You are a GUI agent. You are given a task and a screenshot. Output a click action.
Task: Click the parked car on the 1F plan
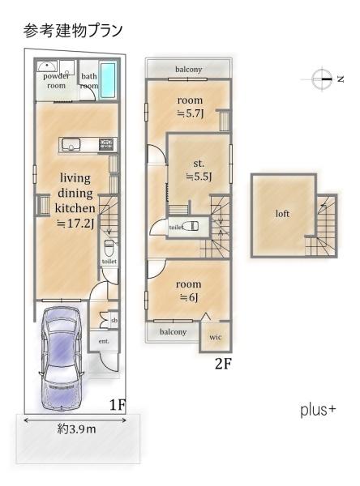(x=61, y=360)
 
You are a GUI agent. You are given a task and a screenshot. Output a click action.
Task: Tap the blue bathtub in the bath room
(x=108, y=79)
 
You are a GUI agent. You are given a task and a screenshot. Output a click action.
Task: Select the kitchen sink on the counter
(x=71, y=145)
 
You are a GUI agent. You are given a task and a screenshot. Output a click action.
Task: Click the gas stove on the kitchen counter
(x=107, y=144)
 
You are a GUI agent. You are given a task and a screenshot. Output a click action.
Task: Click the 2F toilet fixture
(x=191, y=226)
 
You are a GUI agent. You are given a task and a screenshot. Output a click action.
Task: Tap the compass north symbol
(x=323, y=79)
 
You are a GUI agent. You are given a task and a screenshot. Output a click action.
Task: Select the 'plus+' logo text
(x=318, y=410)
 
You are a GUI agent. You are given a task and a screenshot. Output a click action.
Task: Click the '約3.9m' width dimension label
(x=77, y=429)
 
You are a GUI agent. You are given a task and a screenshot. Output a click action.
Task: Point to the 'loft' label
(x=282, y=214)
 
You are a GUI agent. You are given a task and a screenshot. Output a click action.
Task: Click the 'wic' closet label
(x=216, y=337)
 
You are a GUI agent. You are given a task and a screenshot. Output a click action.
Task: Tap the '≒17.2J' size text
(x=75, y=224)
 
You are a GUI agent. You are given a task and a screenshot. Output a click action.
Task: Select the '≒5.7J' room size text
(x=190, y=113)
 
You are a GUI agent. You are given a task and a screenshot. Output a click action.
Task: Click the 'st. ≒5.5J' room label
(x=199, y=170)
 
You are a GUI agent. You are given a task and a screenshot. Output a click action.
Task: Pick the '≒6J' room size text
(x=189, y=297)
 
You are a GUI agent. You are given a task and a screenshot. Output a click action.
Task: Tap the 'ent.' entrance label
(x=104, y=341)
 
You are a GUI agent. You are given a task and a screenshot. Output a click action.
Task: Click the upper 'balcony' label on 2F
(x=189, y=70)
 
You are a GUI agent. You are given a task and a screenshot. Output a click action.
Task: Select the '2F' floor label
(x=223, y=364)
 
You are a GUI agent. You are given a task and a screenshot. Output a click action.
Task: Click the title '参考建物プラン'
(x=73, y=31)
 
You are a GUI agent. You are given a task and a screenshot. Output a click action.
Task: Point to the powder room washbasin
(x=47, y=66)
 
